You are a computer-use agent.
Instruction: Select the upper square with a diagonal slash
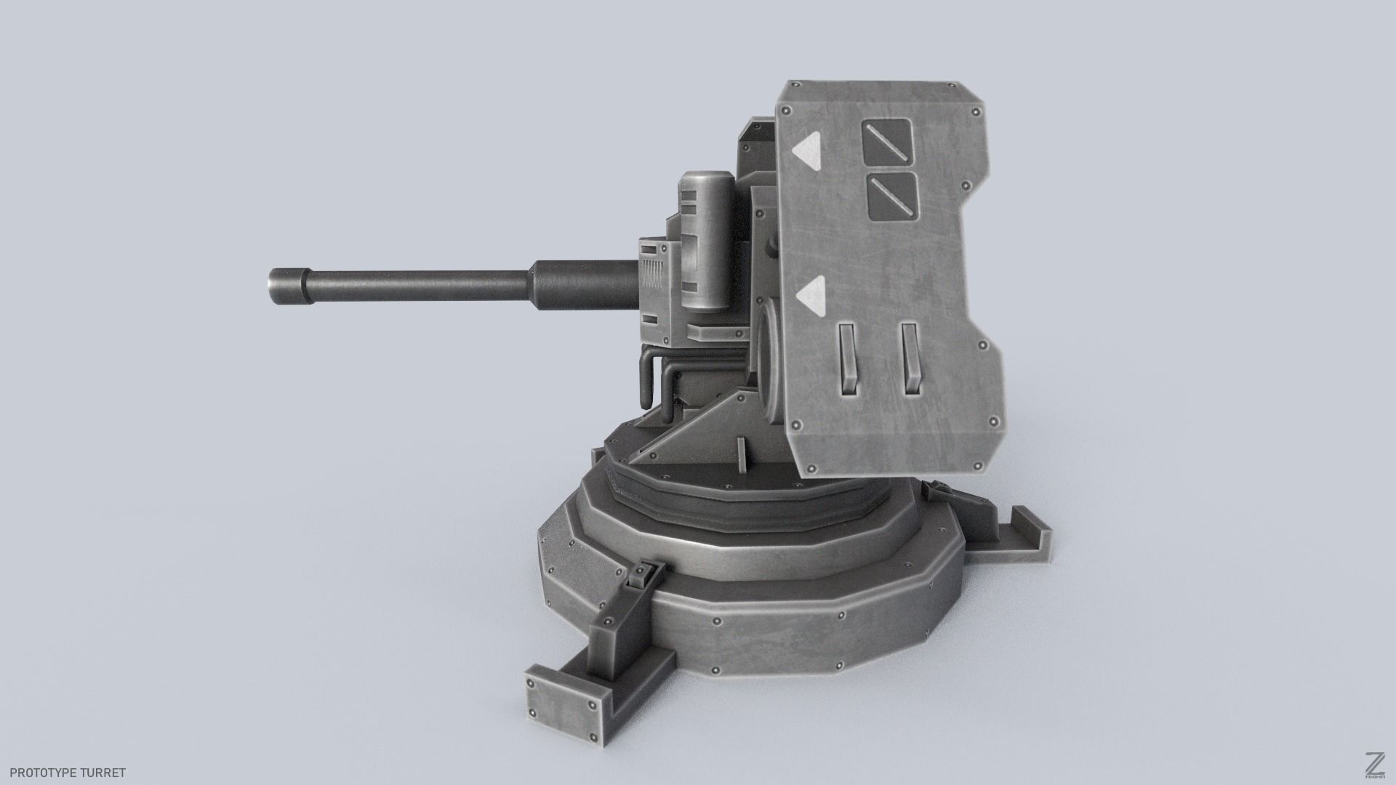[888, 140]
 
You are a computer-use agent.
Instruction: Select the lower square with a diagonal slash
[892, 196]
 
